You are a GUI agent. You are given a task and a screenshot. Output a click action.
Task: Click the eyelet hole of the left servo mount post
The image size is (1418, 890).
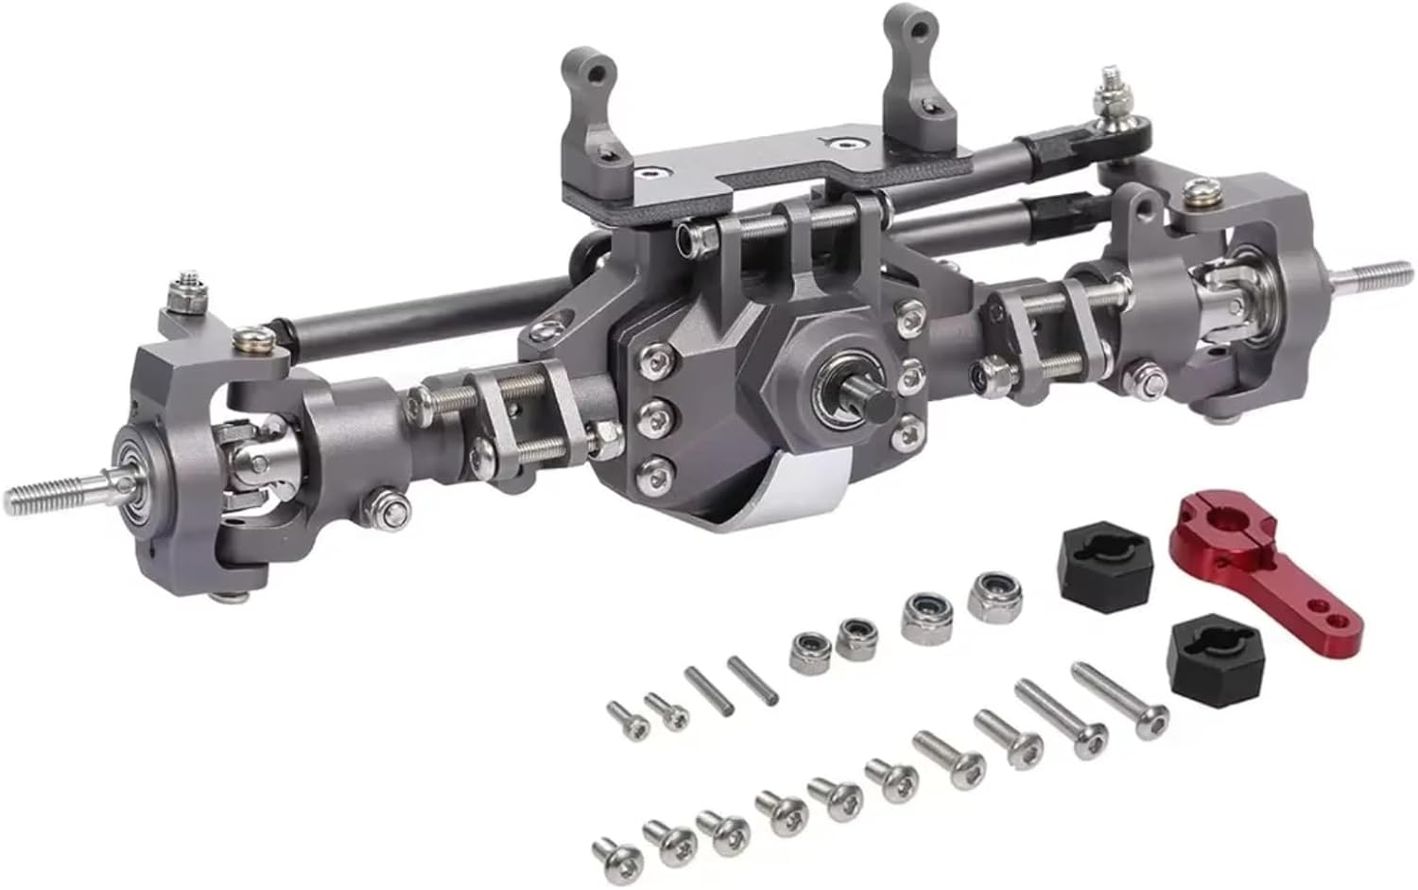[x=594, y=68]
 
